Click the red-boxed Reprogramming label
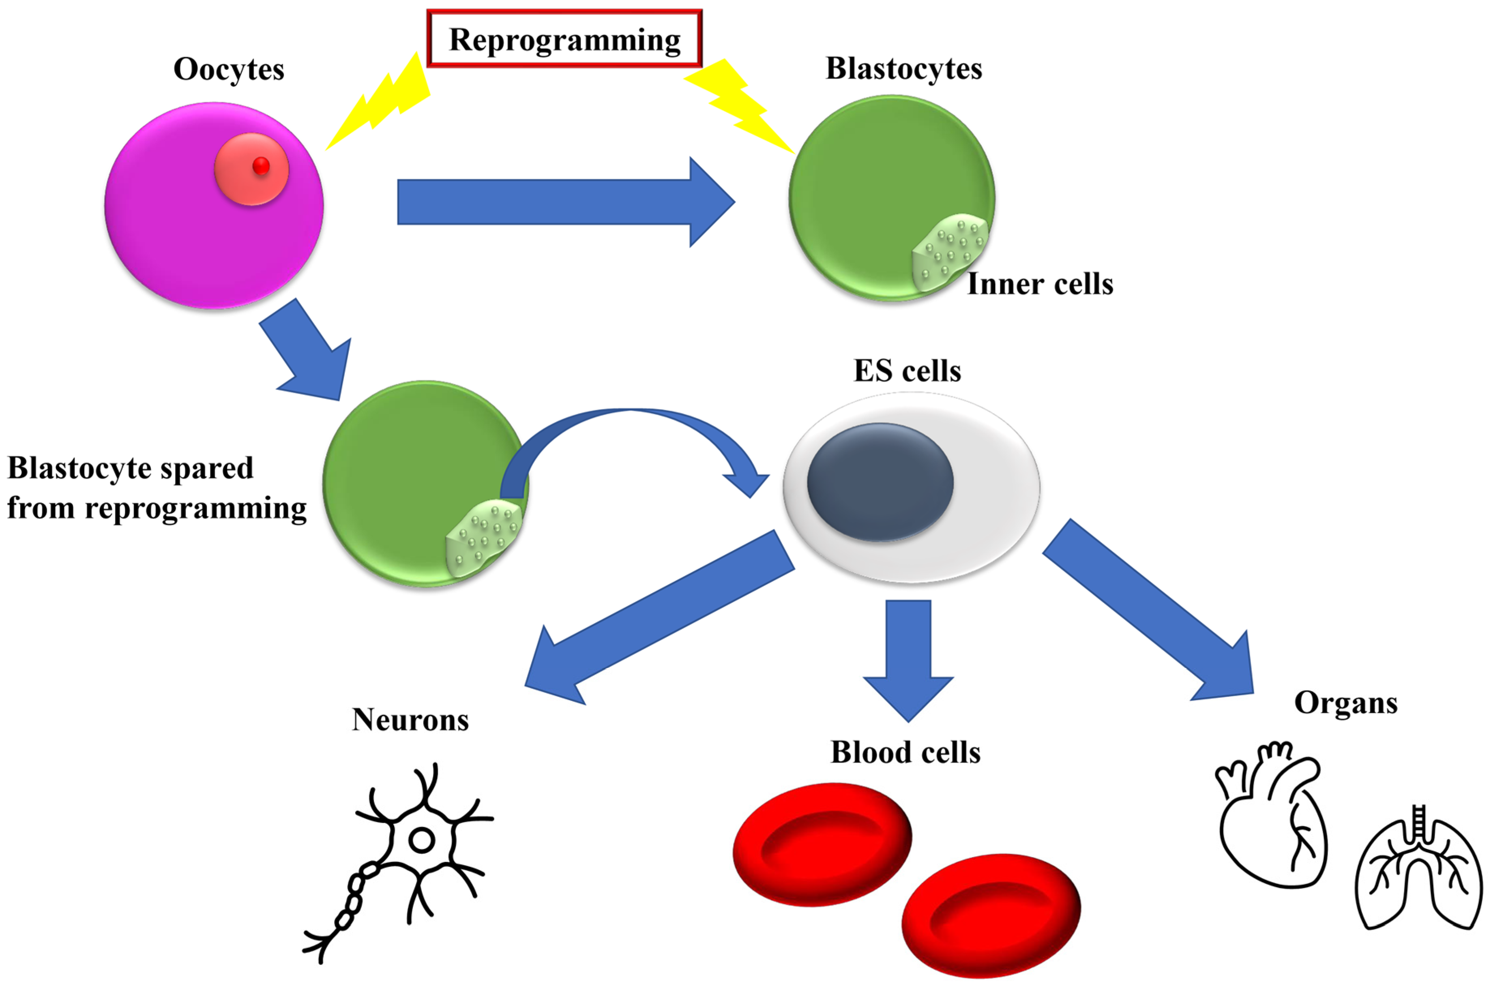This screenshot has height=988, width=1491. click(564, 39)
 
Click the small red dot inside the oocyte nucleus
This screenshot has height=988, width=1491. click(261, 166)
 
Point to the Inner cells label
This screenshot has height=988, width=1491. click(1040, 283)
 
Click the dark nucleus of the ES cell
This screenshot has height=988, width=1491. click(880, 482)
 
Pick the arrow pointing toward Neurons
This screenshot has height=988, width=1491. click(655, 621)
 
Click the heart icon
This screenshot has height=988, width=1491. click(1270, 819)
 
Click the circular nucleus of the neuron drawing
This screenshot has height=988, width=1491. click(422, 840)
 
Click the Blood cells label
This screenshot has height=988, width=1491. click(905, 752)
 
